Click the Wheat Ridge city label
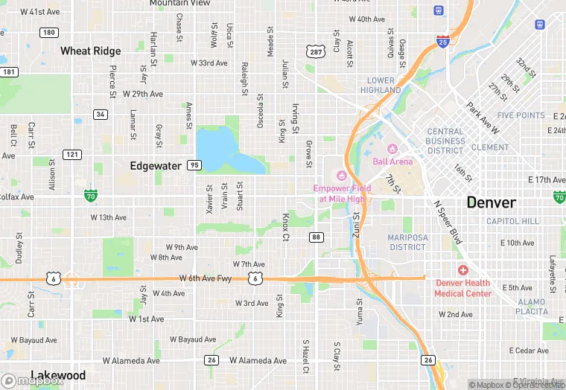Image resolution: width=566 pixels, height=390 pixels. click(x=91, y=51)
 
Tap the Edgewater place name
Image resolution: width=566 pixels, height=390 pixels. click(x=156, y=165)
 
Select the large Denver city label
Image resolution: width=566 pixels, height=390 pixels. click(x=491, y=202)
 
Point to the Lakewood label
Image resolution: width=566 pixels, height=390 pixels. click(x=58, y=375)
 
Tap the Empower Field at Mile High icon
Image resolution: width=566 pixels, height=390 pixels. click(x=342, y=176)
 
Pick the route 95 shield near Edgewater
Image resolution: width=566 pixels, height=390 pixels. click(x=194, y=165)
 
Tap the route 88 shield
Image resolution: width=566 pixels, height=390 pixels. click(x=317, y=237)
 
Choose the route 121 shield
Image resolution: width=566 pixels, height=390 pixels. click(x=72, y=154)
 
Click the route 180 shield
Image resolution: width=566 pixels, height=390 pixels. click(x=50, y=32)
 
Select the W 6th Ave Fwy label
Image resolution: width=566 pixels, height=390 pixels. click(x=206, y=278)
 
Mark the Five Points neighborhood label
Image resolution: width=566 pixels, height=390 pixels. click(x=521, y=115)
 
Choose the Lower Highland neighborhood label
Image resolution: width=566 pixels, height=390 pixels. click(x=381, y=85)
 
